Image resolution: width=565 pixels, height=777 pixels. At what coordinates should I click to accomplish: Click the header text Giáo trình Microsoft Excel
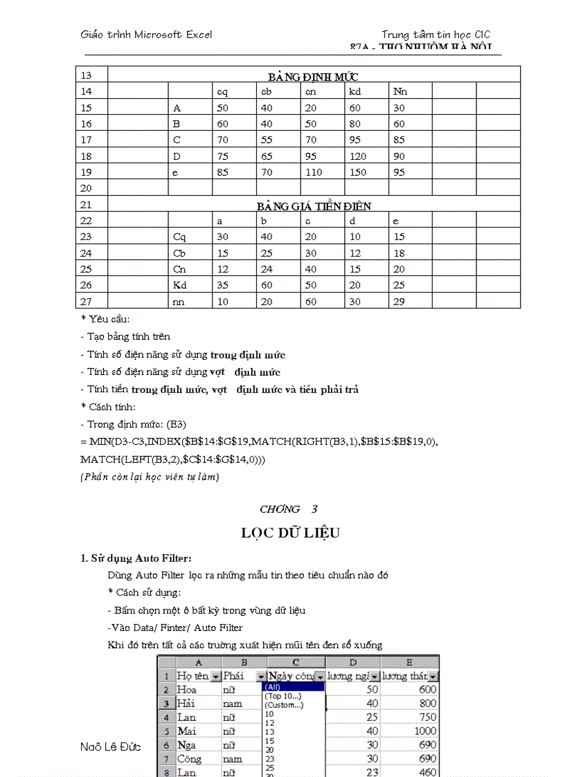point(146,34)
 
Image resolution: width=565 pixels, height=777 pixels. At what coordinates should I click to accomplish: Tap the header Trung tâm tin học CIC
point(436,35)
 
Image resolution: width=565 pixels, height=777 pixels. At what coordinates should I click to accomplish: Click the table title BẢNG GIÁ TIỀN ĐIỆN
point(314,205)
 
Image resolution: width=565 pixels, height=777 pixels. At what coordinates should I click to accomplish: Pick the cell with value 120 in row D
point(357,156)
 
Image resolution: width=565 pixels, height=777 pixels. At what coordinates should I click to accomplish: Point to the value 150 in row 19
point(357,172)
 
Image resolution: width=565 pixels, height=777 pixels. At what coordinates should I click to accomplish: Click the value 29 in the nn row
point(399,301)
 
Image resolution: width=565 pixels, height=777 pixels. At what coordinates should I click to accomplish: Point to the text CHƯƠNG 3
point(288,509)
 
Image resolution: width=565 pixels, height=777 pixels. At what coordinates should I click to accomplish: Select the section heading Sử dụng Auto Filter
point(136,558)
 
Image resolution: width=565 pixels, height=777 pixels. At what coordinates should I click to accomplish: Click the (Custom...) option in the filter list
point(283,705)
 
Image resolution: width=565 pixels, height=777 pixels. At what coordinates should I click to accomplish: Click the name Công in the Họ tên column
point(189,759)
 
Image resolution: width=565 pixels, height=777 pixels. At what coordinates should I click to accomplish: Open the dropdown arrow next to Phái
point(260,676)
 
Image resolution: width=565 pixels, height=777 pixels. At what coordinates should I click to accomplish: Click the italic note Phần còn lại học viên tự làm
point(150,476)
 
